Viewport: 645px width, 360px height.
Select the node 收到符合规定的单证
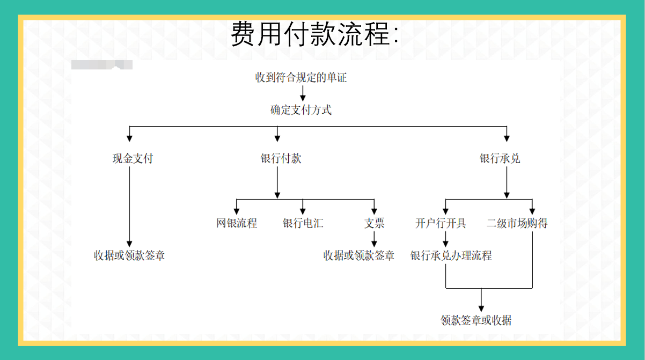tap(301, 78)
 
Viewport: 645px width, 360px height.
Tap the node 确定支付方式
tap(301, 111)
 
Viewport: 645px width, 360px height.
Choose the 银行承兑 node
tap(500, 159)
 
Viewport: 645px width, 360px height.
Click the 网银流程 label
tap(237, 223)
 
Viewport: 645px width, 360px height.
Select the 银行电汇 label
tap(303, 223)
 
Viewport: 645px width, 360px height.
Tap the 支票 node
tap(375, 223)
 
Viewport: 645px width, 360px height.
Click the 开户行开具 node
tap(441, 223)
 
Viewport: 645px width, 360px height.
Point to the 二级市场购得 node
tap(517, 223)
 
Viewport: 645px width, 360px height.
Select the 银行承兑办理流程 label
tap(451, 256)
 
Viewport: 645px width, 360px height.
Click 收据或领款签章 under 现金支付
tap(129, 255)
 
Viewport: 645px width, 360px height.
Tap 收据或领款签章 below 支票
tap(358, 256)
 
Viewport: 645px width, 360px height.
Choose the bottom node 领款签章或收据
tap(476, 321)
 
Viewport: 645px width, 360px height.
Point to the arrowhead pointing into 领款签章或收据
tap(481, 305)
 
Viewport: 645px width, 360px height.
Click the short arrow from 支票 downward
tap(375, 239)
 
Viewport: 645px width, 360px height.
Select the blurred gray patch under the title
tap(102, 65)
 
